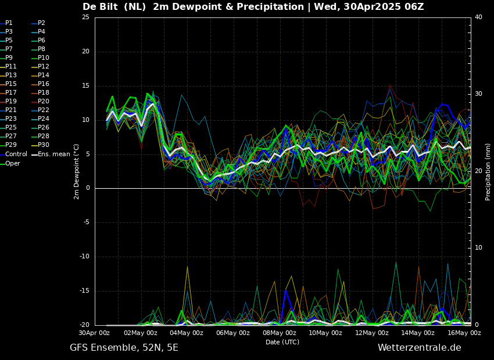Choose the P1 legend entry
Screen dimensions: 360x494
pyautogui.click(x=9, y=23)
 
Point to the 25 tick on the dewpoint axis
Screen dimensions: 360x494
pyautogui.click(x=85, y=17)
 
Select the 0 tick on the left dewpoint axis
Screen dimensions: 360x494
pyautogui.click(x=87, y=188)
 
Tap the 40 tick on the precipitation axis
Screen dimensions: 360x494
pyautogui.click(x=478, y=17)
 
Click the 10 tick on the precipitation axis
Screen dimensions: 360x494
pyautogui.click(x=478, y=248)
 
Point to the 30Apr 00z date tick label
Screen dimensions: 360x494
pyautogui.click(x=94, y=333)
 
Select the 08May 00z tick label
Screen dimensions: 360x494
pyautogui.click(x=280, y=333)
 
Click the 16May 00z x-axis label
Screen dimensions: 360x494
pyautogui.click(x=464, y=333)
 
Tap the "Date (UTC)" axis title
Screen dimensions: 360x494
pyautogui.click(x=282, y=342)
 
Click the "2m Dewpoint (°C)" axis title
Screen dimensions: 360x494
pyautogui.click(x=77, y=171)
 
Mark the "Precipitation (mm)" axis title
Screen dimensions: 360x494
pyautogui.click(x=488, y=171)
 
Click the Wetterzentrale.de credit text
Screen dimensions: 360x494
pyautogui.click(x=419, y=348)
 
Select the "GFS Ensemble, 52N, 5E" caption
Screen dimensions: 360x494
pyautogui.click(x=124, y=348)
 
